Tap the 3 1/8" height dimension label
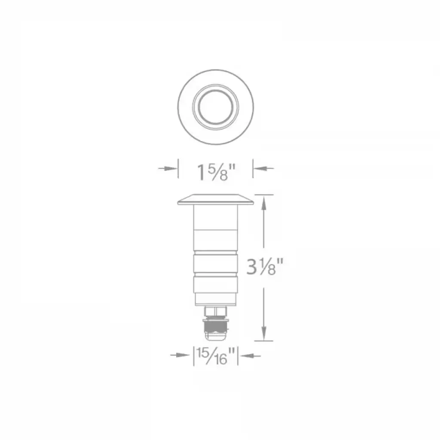tap(265, 267)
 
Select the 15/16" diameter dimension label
tap(216, 356)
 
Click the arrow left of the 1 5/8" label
tap(168, 168)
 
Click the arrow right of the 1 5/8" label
tap(263, 168)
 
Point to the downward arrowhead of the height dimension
tap(263, 333)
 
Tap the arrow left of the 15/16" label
tap(180, 355)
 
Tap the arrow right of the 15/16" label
tap(251, 355)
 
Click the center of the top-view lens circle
tap(216, 107)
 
